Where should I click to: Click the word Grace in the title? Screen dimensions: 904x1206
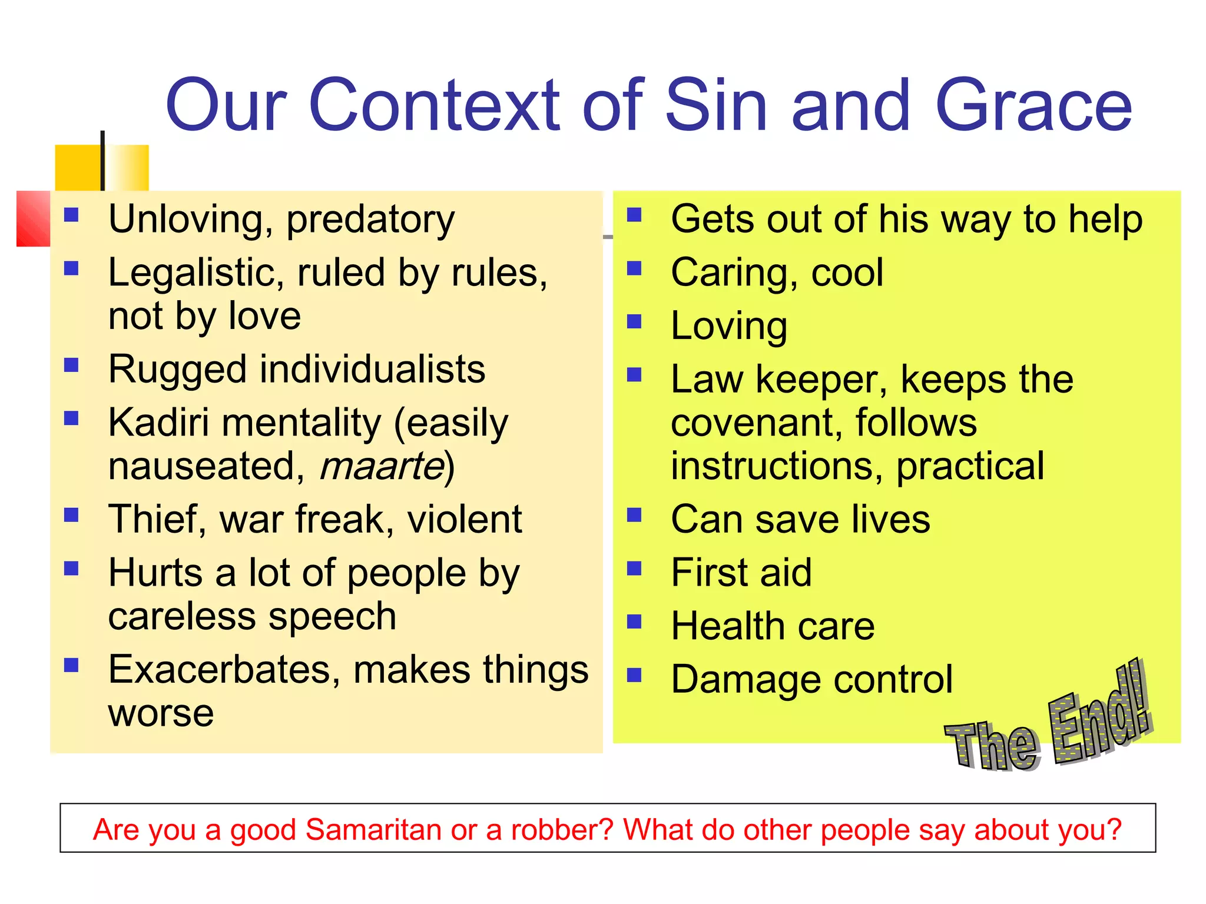1033,106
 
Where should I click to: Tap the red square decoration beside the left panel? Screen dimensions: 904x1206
33,218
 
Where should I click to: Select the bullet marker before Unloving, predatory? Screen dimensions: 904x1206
71,215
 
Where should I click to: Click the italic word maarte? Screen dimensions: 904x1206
382,466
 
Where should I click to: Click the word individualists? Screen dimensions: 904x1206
372,370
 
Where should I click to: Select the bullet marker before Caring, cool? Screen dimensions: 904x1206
634,268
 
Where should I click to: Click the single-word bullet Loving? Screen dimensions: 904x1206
728,327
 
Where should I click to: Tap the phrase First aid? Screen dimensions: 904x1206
741,573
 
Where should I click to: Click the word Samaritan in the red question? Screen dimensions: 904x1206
374,830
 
